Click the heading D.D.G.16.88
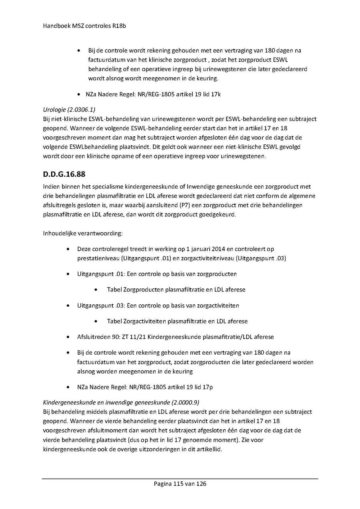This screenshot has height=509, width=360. point(64,175)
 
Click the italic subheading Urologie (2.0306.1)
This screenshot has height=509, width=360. point(69,109)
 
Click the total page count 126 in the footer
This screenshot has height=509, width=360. point(201,484)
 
